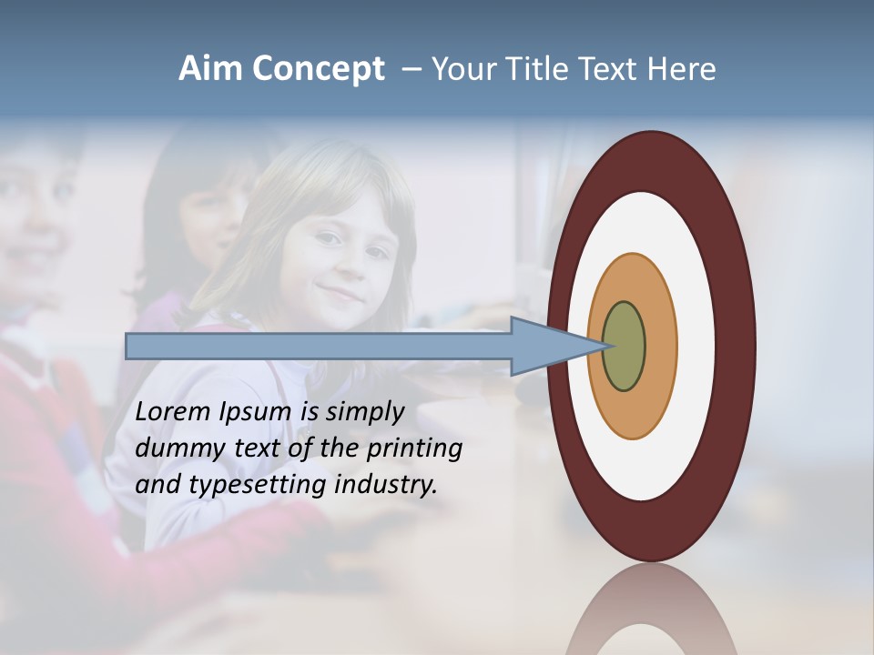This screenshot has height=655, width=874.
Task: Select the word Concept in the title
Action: [x=319, y=69]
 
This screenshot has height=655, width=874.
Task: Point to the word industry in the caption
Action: [x=386, y=486]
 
